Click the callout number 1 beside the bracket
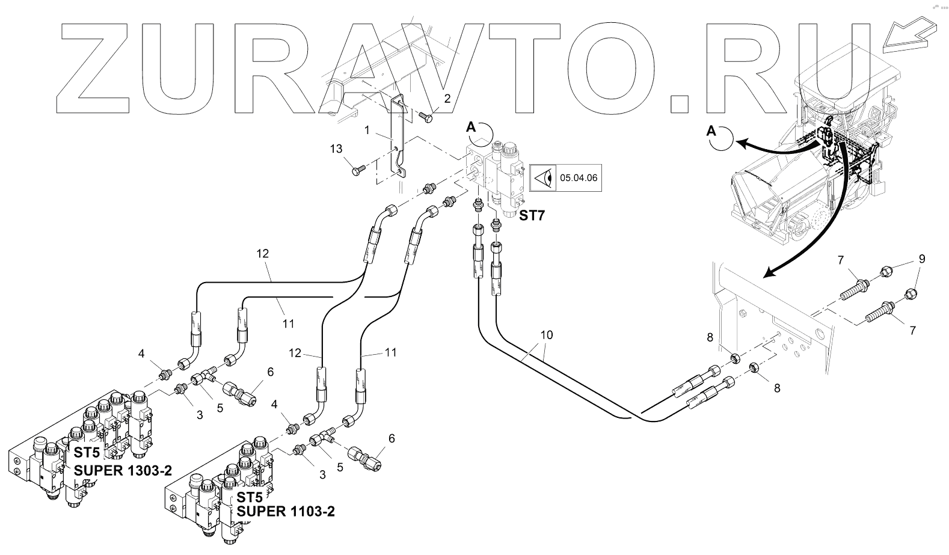366,129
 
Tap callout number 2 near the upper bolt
447,98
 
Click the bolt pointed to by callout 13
355,171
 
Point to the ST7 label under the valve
532,215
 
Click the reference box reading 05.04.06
579,177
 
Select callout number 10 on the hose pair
546,334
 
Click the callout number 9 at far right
921,259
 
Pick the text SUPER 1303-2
123,470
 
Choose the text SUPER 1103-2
286,512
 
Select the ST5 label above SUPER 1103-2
249,497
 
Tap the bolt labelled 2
425,117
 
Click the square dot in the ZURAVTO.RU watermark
678,103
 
